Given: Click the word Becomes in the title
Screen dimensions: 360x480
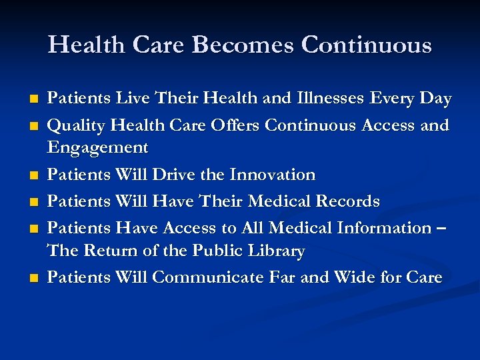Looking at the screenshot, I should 243,45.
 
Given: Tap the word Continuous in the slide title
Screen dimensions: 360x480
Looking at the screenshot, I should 366,45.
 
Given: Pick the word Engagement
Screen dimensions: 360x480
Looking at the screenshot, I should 97,147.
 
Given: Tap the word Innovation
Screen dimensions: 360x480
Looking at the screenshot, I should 272,175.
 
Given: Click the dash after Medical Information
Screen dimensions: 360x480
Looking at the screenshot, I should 441,229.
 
